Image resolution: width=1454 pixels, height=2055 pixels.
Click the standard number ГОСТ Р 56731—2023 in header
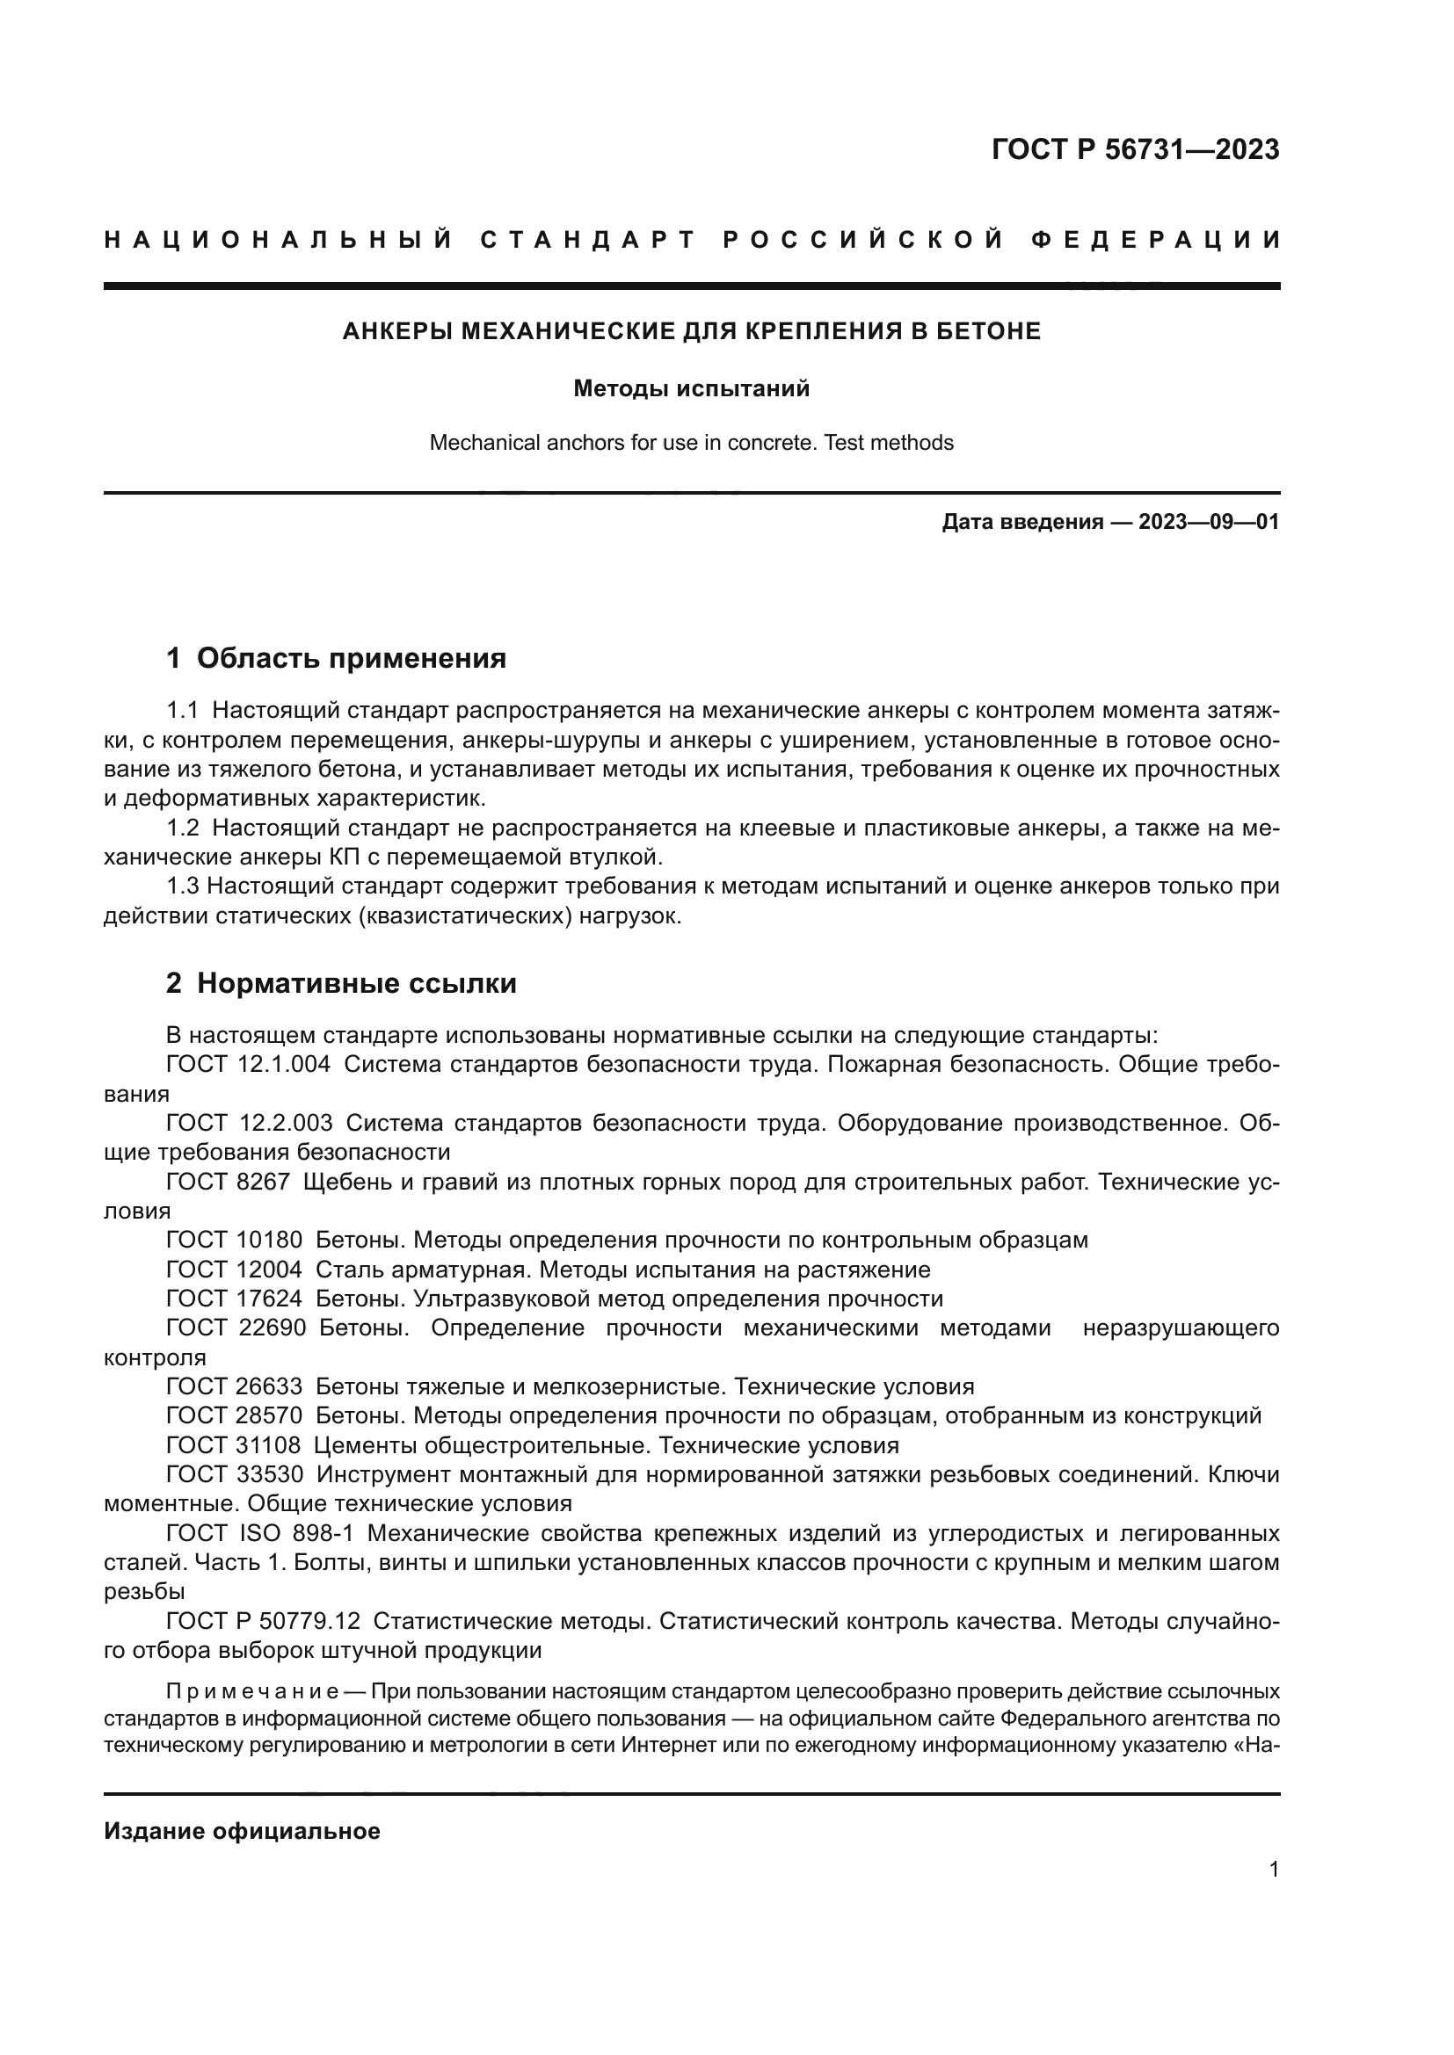(x=1135, y=149)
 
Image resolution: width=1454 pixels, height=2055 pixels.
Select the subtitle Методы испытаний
(x=691, y=389)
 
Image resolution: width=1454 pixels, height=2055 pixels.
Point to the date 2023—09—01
(x=1209, y=522)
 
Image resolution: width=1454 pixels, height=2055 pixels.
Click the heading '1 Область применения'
(x=336, y=659)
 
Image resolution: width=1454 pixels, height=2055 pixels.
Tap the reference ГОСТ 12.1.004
(x=248, y=1065)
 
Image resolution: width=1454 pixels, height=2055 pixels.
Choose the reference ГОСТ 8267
(x=229, y=1182)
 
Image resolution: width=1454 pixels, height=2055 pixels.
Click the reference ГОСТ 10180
(x=235, y=1241)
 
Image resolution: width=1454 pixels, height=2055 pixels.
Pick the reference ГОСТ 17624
(x=235, y=1299)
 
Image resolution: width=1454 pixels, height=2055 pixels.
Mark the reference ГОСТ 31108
(x=235, y=1445)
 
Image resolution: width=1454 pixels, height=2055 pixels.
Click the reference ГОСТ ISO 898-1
(x=259, y=1533)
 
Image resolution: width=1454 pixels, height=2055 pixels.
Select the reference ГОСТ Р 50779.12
(x=263, y=1621)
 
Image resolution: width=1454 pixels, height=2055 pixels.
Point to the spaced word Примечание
(x=251, y=1691)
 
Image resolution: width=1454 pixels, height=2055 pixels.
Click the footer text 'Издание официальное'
(x=242, y=1831)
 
